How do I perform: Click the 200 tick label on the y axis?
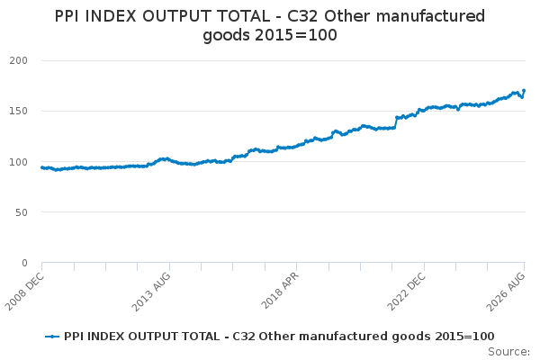click(19, 60)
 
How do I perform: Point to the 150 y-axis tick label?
click(19, 111)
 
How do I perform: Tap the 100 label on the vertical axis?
click(19, 162)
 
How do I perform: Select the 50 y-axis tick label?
click(22, 212)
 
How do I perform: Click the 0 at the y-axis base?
click(24, 263)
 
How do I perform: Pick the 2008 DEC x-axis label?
click(25, 292)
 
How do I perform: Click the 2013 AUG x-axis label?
click(151, 292)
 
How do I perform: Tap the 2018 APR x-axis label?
click(280, 291)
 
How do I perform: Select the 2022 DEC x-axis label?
click(407, 292)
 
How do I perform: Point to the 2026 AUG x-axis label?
click(506, 292)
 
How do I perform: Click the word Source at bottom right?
click(508, 352)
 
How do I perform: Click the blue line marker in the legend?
click(52, 337)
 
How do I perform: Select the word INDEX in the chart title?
click(110, 16)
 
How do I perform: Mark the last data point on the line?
click(524, 91)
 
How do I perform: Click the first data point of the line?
click(42, 167)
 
